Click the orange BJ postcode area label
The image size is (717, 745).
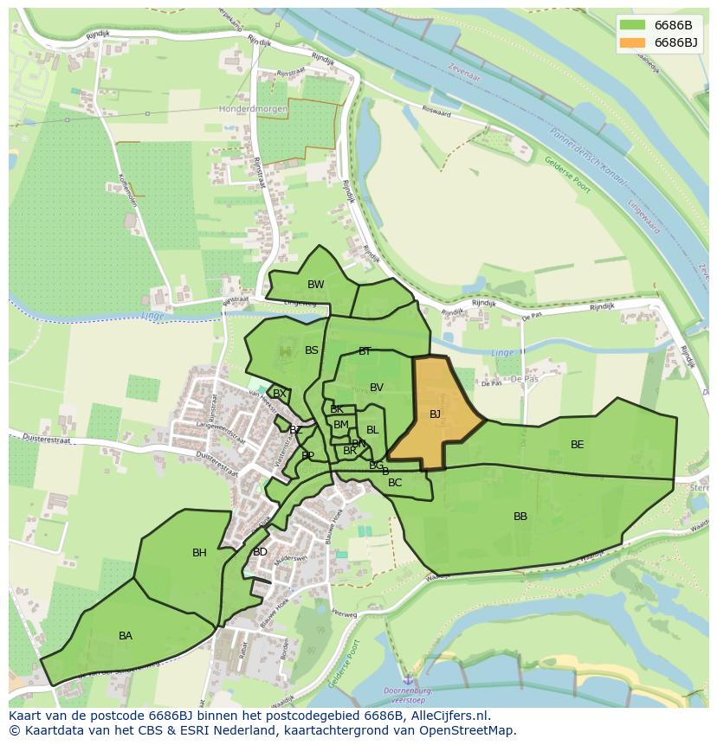point(435,414)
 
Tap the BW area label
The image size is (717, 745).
point(315,285)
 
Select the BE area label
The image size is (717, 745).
point(577,445)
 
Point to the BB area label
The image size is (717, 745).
point(520,517)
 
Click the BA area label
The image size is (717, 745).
point(126,636)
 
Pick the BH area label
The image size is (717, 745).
point(199,553)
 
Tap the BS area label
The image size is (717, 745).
point(312,350)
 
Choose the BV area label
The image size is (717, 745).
point(376,388)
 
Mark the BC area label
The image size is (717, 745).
point(395,483)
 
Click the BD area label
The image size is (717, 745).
point(260,552)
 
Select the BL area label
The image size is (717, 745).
point(372,430)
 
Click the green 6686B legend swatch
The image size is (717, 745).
point(632,25)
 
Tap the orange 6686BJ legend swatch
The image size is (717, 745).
point(632,42)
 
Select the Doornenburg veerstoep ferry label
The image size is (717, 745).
point(407,696)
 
